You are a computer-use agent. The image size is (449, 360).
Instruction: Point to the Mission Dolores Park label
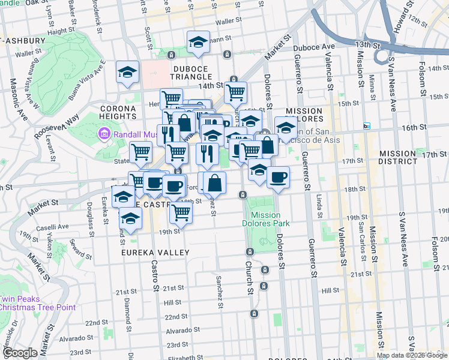(266, 219)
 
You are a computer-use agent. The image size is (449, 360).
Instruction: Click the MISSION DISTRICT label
(406, 158)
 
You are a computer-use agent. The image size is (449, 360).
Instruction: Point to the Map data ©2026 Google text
(412, 355)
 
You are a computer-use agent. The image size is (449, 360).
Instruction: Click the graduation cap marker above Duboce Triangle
(198, 41)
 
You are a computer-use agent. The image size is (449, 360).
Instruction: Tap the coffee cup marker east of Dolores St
(277, 177)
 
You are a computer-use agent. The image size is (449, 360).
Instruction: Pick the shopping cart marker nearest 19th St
(181, 211)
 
